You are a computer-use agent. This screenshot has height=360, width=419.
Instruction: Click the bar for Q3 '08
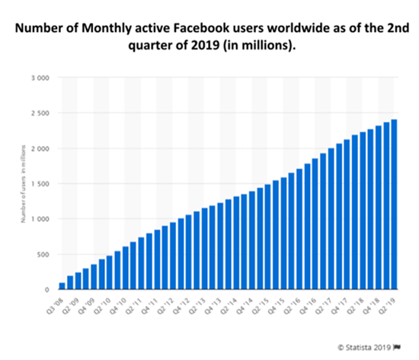coord(62,286)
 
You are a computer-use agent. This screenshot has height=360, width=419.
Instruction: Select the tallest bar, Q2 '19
coord(394,205)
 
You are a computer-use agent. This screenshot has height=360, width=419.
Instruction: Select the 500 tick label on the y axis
coord(43,254)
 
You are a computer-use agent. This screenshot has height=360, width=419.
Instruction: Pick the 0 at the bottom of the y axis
coord(47,290)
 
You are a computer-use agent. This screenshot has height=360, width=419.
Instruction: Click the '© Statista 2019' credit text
coord(363,345)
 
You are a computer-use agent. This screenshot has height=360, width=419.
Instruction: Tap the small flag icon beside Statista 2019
coord(397,345)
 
